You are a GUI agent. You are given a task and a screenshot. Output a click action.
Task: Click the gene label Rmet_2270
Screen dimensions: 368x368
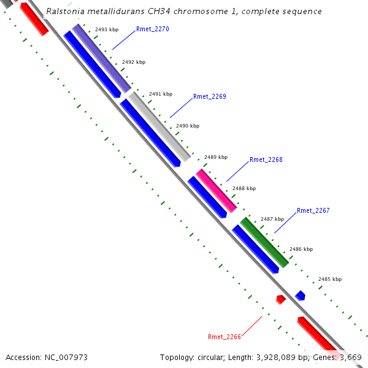click(x=152, y=29)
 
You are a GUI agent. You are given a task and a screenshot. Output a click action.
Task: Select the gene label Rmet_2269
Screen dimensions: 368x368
click(x=209, y=96)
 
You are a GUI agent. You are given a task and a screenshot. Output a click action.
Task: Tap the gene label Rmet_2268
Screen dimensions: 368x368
click(x=266, y=159)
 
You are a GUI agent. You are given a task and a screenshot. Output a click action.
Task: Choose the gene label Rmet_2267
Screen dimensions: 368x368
click(x=313, y=210)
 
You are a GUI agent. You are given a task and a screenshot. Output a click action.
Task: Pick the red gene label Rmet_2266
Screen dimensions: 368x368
click(x=224, y=336)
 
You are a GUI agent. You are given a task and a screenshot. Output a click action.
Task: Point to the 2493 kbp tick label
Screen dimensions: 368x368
click(x=107, y=29)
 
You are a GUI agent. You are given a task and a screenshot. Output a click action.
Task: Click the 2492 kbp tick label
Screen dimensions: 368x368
click(x=134, y=62)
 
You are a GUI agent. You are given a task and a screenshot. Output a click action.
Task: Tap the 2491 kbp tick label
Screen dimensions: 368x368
click(x=161, y=94)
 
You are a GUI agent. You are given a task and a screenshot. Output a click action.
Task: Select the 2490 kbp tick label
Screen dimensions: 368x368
click(x=188, y=126)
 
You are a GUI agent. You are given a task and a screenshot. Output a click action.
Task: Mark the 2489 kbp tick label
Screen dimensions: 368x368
click(x=215, y=157)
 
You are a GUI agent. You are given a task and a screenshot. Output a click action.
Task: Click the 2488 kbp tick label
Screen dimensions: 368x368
click(x=243, y=188)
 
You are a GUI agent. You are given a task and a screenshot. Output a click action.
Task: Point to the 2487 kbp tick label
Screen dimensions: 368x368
click(x=272, y=219)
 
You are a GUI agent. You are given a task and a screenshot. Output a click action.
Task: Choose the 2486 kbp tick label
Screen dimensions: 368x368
click(x=301, y=249)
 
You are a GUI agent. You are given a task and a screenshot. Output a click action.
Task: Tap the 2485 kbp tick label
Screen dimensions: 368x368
click(x=329, y=279)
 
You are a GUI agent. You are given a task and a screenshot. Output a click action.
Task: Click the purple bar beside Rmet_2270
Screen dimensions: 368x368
click(x=102, y=59)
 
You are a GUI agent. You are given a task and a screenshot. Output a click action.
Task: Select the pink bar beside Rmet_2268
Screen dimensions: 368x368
click(x=216, y=191)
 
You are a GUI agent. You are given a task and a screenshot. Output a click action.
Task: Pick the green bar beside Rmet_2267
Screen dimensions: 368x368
click(x=264, y=242)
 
